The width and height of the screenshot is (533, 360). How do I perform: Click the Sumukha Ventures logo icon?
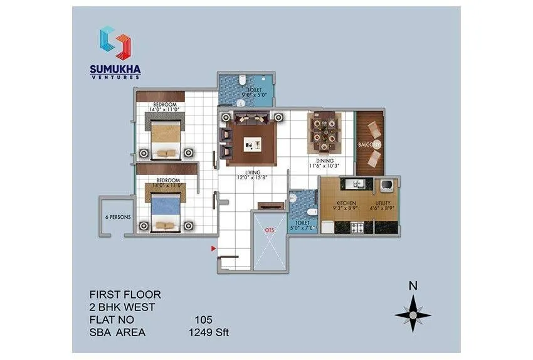click(x=115, y=43)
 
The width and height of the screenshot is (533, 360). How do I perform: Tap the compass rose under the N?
click(x=413, y=314)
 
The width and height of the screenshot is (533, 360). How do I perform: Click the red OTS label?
click(x=270, y=230)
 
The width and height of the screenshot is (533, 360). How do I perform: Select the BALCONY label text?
click(x=370, y=145)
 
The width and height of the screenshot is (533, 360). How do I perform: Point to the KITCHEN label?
click(x=346, y=203)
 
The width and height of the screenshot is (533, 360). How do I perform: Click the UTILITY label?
click(x=383, y=203)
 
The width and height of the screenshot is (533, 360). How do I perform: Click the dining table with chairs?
click(x=324, y=133)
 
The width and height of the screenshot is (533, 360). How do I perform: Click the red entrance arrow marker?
click(x=213, y=250)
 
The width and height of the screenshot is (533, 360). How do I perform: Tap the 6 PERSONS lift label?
click(x=116, y=218)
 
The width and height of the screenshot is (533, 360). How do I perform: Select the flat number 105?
click(x=204, y=320)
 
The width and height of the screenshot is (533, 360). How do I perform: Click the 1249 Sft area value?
click(x=209, y=332)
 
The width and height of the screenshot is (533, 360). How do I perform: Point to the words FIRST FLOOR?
click(x=125, y=294)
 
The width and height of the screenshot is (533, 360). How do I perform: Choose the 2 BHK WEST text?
click(x=123, y=307)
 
